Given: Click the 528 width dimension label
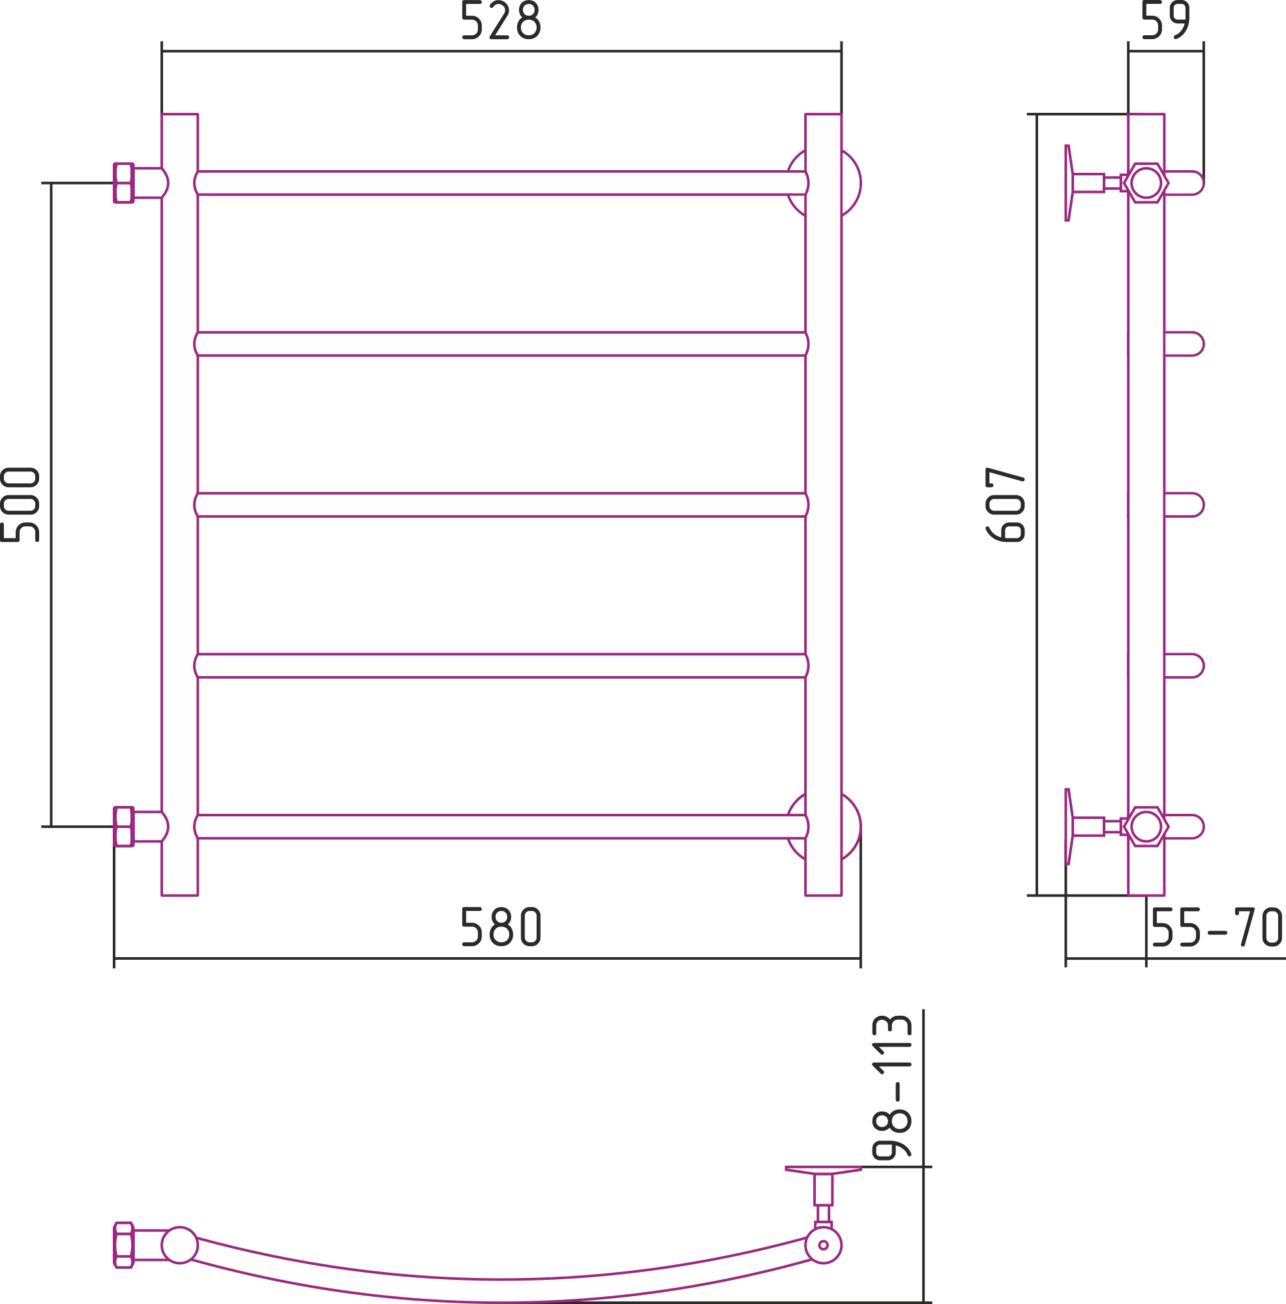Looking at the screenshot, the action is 501,20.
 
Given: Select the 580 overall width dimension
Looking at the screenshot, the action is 501,926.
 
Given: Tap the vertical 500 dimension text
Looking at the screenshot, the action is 20,504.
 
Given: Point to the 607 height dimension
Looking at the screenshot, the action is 1005,504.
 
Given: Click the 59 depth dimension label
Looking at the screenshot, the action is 1166,20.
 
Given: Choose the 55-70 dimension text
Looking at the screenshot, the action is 1217,926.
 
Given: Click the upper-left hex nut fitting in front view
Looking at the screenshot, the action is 123,183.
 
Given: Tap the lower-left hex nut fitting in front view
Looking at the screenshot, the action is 123,827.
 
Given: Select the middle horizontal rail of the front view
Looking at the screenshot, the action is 501,505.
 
